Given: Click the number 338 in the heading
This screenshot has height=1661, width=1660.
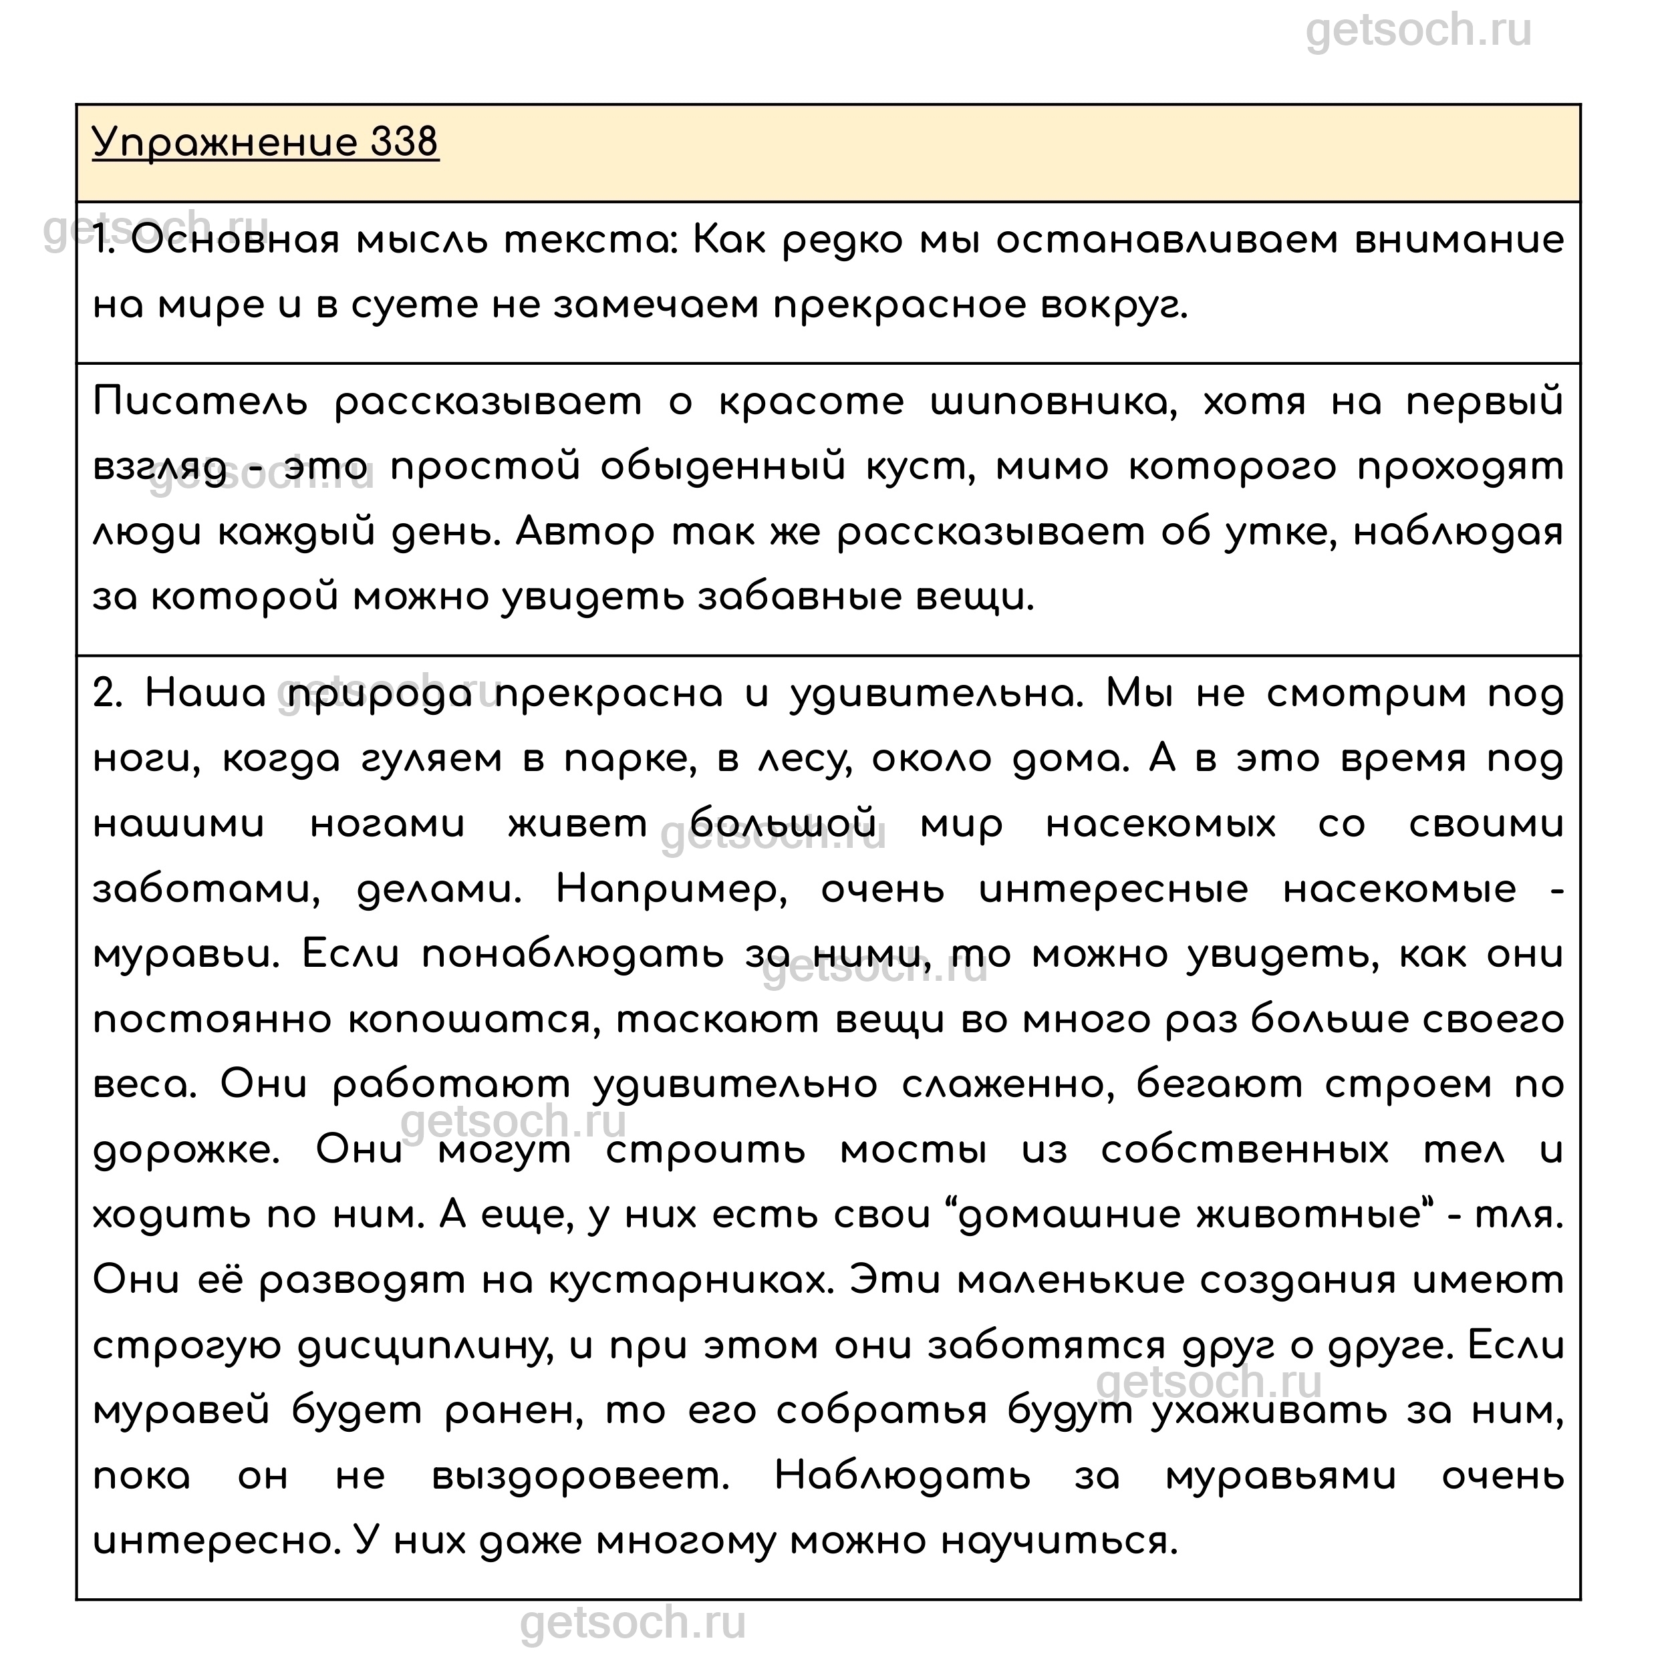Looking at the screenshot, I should (x=404, y=142).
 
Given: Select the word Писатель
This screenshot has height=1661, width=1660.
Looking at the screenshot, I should (x=200, y=402).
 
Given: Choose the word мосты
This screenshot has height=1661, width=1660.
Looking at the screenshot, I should (x=914, y=1151).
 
